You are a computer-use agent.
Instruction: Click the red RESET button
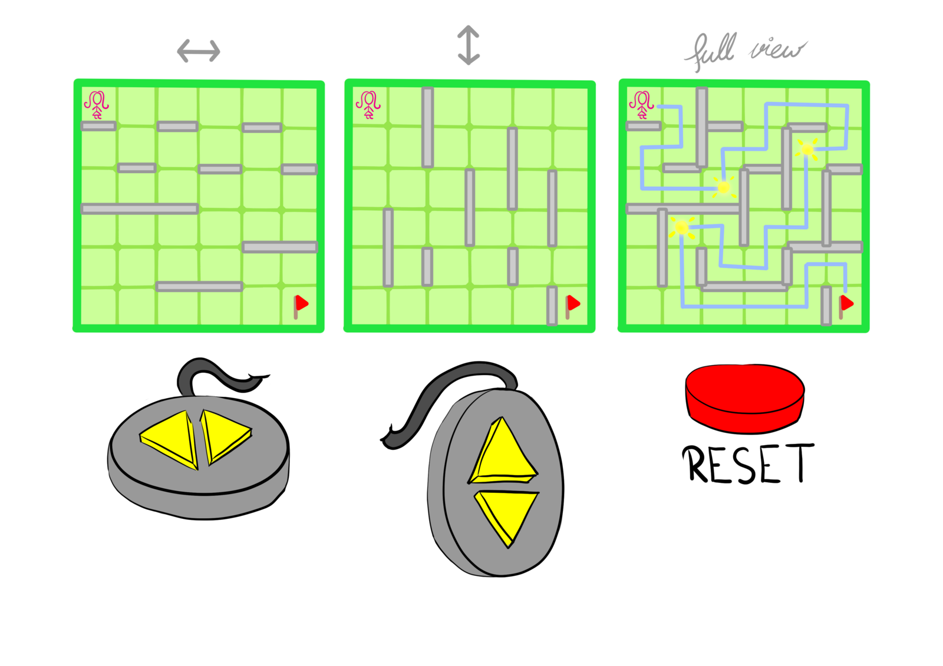coord(744,397)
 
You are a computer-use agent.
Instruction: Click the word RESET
coord(748,463)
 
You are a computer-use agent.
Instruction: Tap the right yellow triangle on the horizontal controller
coord(225,435)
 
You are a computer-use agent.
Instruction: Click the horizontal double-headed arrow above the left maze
coord(198,51)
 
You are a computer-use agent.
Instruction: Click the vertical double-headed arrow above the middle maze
coord(469,45)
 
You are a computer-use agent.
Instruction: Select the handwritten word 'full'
coord(711,51)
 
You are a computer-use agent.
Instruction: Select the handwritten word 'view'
coord(777,50)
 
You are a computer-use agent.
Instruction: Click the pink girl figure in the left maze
coord(97,105)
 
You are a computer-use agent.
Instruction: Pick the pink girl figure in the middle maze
coord(368,105)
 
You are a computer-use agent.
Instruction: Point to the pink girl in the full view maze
coord(641,105)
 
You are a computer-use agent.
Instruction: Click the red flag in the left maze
coord(301,306)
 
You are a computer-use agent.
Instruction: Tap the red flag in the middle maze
coord(572,306)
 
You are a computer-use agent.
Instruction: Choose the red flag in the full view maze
coord(845,306)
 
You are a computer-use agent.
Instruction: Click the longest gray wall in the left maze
coord(139,208)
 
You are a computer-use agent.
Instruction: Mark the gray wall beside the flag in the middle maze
coord(552,306)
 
